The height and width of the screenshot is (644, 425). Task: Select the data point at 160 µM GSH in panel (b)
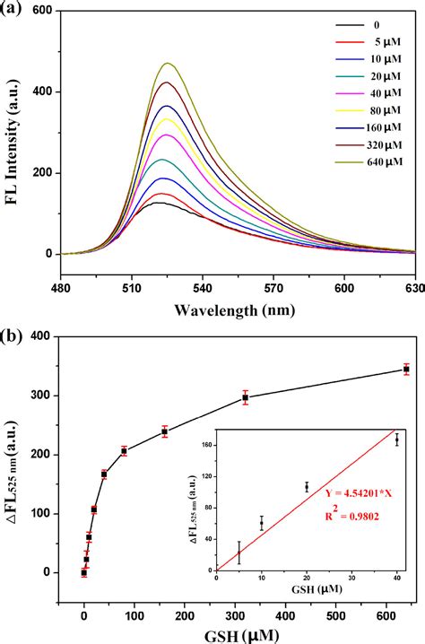164,431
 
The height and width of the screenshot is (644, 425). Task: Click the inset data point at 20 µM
307,487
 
